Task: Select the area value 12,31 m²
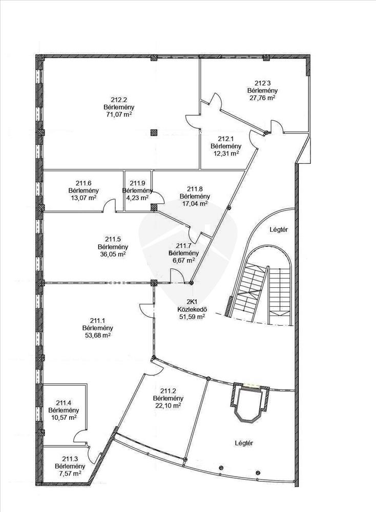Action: point(226,153)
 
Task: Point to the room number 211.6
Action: point(83,183)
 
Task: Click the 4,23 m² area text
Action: point(137,197)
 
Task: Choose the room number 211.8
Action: point(195,189)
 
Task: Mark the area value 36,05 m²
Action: point(113,253)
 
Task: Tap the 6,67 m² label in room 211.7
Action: point(183,260)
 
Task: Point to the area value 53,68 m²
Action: point(97,335)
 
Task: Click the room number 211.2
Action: point(169,391)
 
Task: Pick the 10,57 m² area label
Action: point(63,417)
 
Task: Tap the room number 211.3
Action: point(70,459)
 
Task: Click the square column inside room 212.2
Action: point(154,133)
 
